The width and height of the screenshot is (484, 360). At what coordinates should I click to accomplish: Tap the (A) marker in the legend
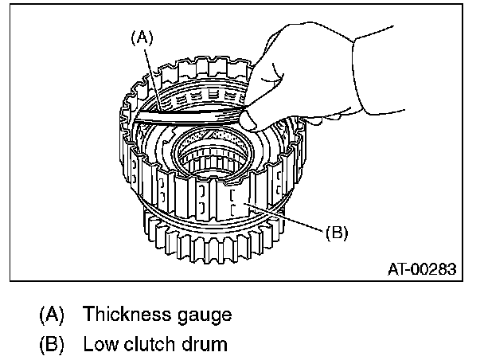tap(51, 314)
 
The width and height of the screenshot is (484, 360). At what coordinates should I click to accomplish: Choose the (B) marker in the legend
tap(51, 345)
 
